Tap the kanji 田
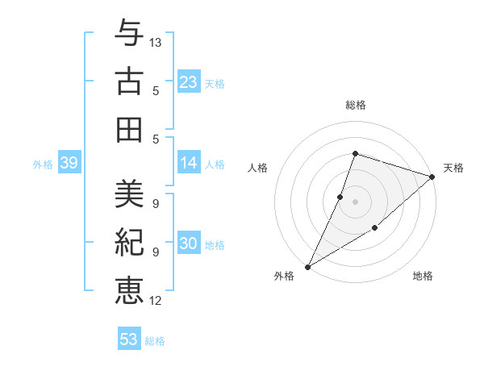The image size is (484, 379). (129, 129)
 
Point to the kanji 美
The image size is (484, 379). (129, 194)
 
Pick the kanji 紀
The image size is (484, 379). (129, 243)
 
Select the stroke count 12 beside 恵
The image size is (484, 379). (156, 301)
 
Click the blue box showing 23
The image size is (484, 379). (189, 81)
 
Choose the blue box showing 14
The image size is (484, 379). (189, 163)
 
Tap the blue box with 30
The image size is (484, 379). (189, 244)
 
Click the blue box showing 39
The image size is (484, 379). (69, 164)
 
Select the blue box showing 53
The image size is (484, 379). (129, 339)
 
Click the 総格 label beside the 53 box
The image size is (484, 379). (155, 341)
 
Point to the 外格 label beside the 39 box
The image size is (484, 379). (43, 165)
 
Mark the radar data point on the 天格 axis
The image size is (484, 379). (433, 177)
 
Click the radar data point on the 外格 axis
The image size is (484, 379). (307, 267)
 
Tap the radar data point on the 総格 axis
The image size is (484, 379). (355, 153)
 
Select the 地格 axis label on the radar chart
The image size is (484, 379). (423, 276)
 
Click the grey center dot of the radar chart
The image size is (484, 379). (355, 202)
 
